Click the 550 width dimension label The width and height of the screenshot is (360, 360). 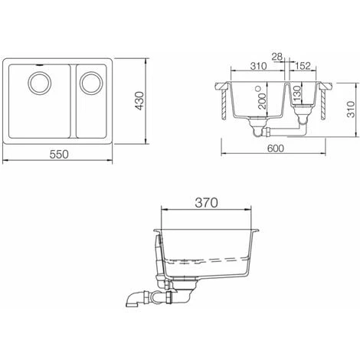pos(60,154)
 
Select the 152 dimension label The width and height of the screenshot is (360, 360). pos(301,67)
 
